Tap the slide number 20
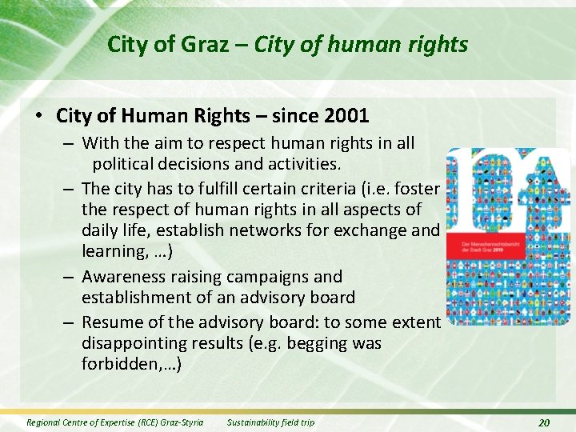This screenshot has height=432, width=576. [x=544, y=422]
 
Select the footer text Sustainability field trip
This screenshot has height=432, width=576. [x=271, y=422]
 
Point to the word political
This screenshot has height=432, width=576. [x=129, y=165]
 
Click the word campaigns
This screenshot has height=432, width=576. [x=298, y=277]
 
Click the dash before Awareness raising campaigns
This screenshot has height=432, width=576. [x=68, y=278]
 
